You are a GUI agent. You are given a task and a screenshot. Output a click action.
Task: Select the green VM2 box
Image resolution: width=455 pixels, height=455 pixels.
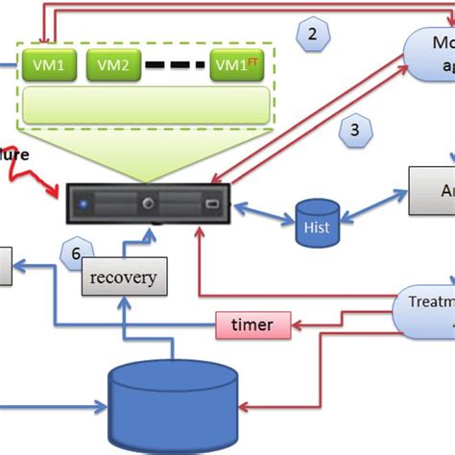click(x=114, y=65)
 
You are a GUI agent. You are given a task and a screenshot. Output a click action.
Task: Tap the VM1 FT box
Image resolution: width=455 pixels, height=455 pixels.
click(x=236, y=65)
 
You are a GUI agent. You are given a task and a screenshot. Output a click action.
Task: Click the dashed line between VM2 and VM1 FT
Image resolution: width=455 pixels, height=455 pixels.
click(x=176, y=66)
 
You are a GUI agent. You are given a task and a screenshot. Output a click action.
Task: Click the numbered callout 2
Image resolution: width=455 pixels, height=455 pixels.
click(x=310, y=37)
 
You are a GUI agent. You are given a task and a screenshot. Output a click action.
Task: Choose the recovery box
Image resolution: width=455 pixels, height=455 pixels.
click(x=122, y=277)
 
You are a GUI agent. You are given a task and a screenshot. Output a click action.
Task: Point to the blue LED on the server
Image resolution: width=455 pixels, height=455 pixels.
click(x=84, y=204)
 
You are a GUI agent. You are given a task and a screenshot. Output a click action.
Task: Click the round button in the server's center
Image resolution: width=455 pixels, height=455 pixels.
click(x=148, y=204)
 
